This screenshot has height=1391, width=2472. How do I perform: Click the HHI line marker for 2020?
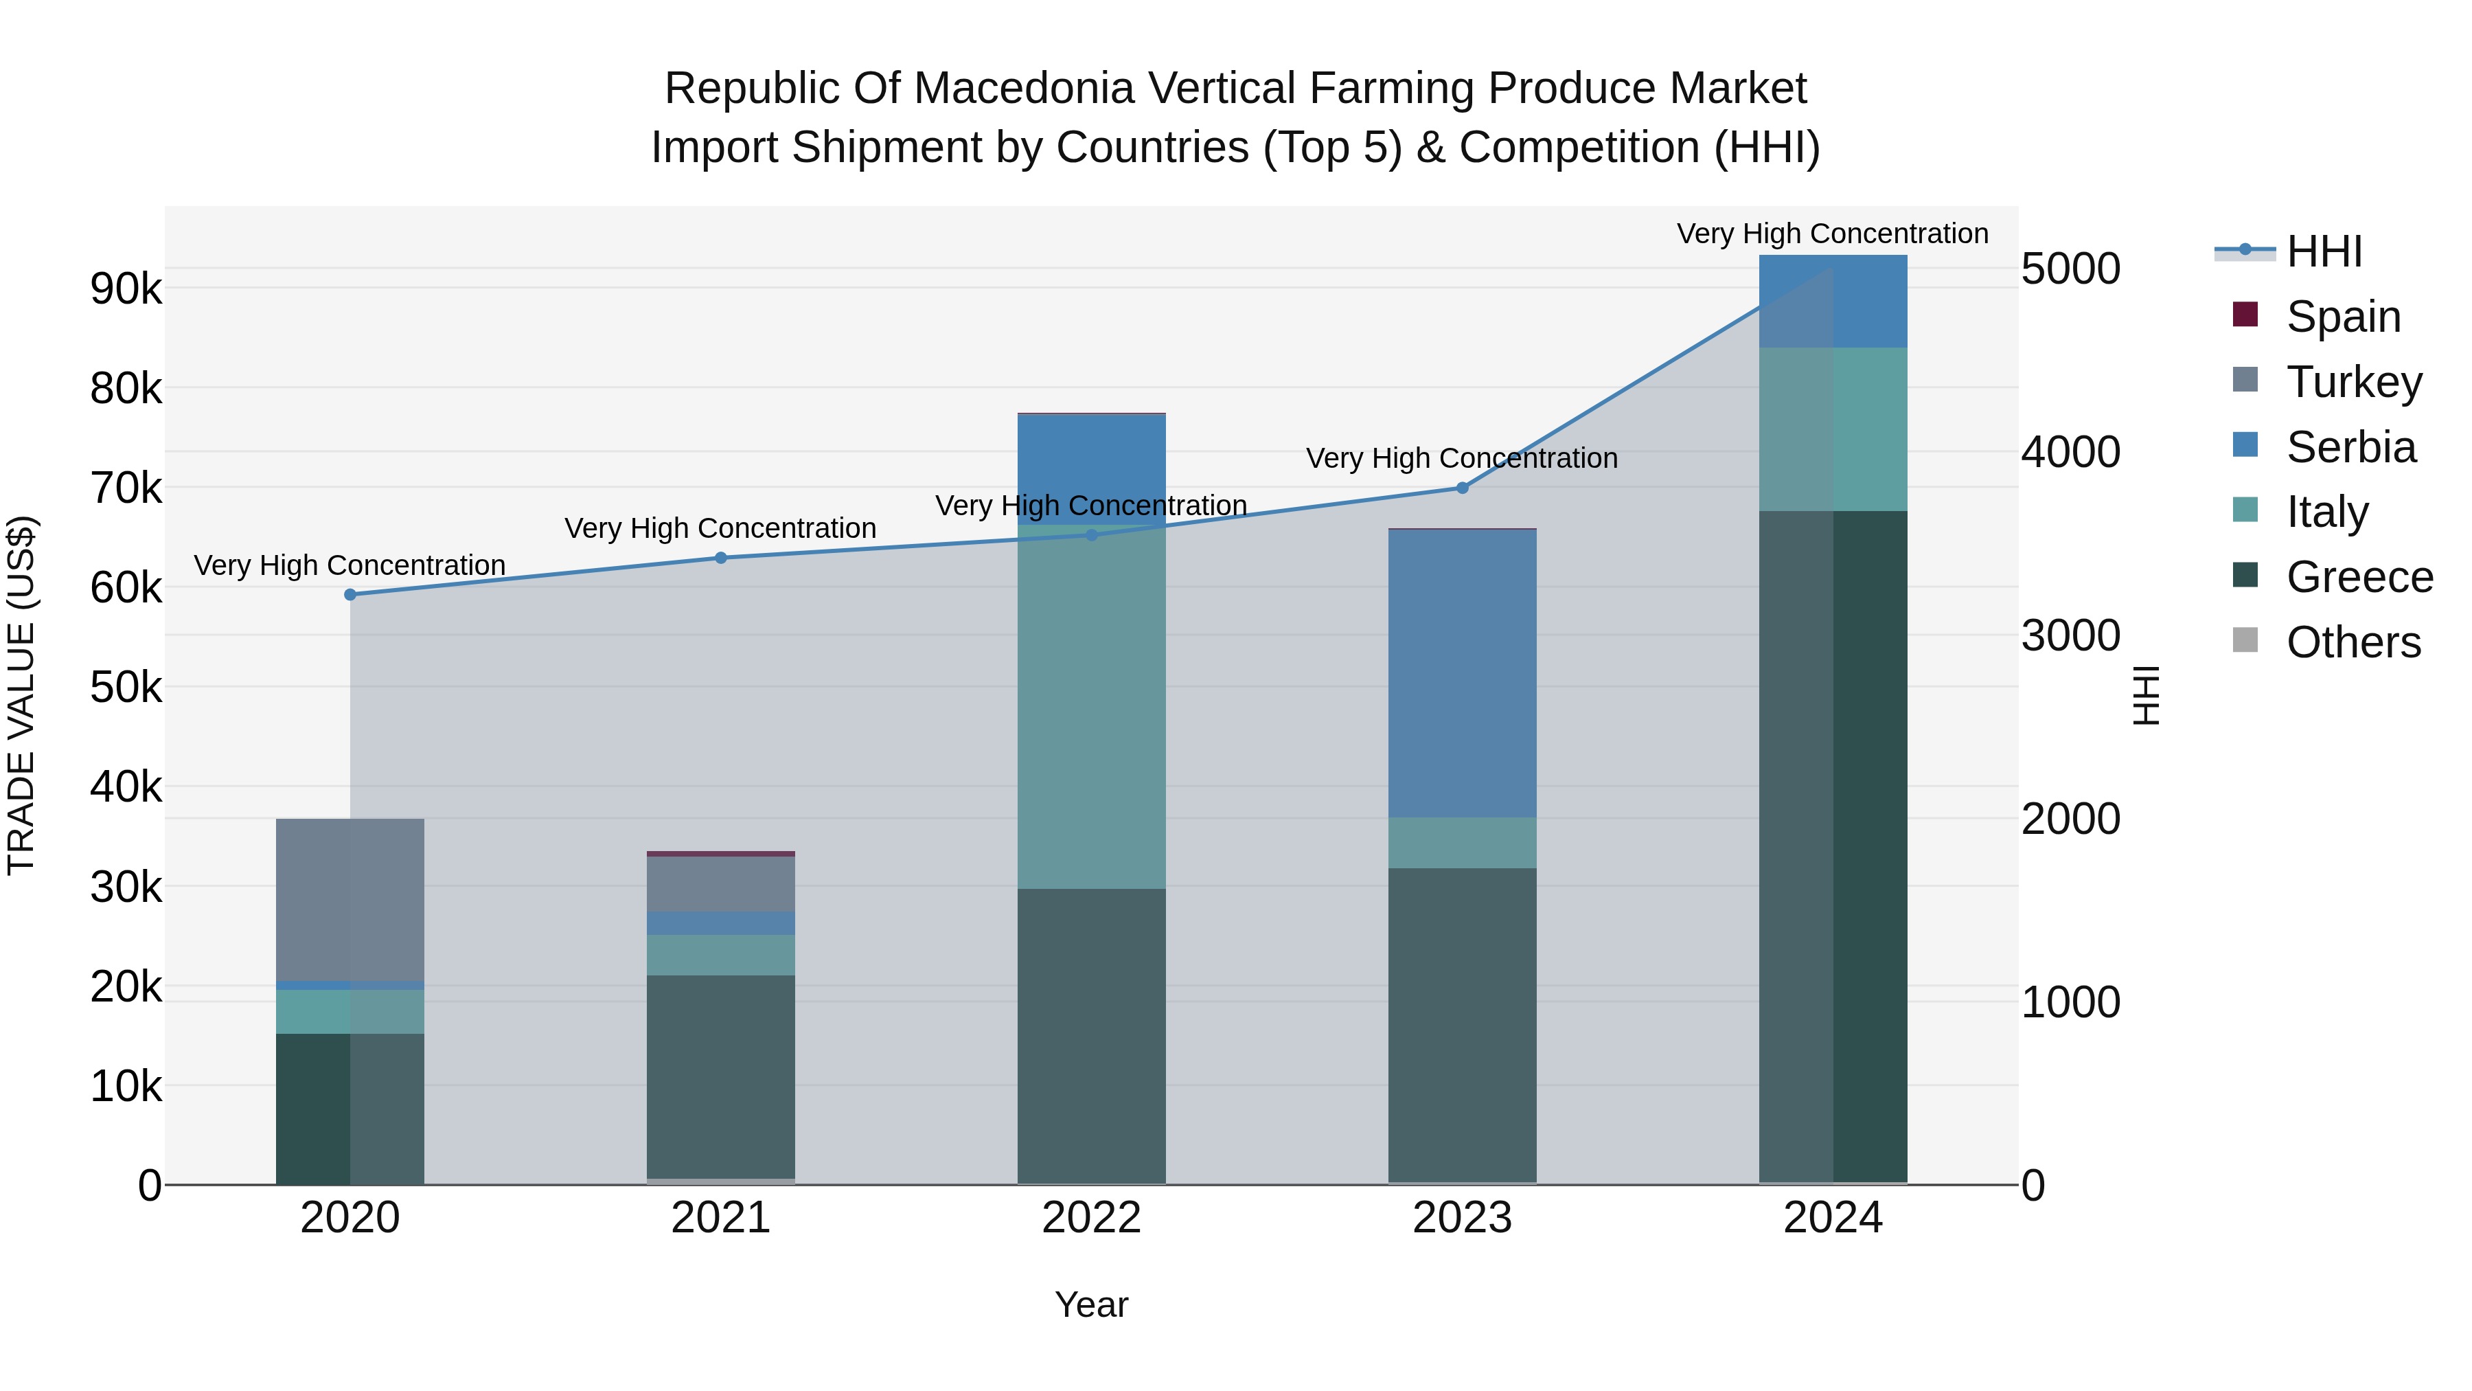point(350,595)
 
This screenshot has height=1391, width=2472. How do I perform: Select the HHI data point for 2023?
point(1463,488)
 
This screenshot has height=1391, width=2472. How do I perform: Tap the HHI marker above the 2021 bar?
point(721,558)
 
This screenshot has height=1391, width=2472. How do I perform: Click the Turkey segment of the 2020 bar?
point(350,899)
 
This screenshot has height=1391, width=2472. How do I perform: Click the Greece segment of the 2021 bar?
point(721,1075)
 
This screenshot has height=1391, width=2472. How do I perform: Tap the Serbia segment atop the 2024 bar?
point(1833,300)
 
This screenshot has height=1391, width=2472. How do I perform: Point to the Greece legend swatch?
point(2245,576)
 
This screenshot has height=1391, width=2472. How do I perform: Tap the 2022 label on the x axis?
point(1091,1218)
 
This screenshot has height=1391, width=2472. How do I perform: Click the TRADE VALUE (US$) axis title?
point(22,695)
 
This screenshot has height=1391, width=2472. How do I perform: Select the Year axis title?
point(1091,1304)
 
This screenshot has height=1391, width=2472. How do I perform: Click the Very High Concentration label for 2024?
point(1832,234)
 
